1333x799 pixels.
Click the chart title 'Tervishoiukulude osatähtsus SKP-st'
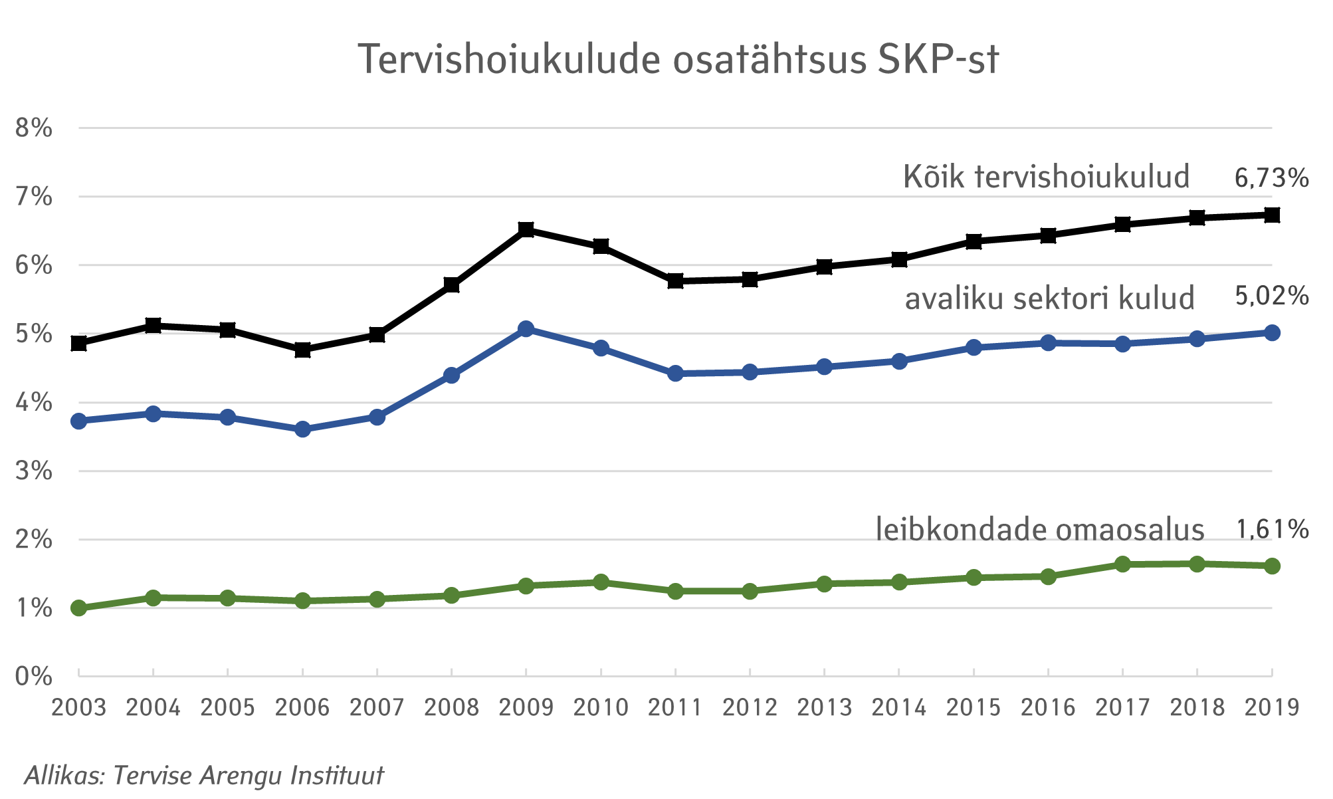click(678, 60)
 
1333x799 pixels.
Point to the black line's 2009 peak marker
click(526, 230)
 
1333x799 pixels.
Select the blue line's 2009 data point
click(526, 329)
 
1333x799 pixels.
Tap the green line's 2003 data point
click(79, 608)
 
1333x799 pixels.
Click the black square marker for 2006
click(303, 350)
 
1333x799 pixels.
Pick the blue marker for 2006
click(303, 429)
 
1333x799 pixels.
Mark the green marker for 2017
click(1123, 564)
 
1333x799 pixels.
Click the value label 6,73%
click(1271, 178)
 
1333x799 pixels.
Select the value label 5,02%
click(1271, 296)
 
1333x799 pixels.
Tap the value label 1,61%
click(1272, 530)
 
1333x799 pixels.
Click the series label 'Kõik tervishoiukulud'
click(1046, 177)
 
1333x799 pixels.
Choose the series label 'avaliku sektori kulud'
click(1049, 298)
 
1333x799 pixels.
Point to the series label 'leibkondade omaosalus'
click(1040, 530)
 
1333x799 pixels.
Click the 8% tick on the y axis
click(34, 128)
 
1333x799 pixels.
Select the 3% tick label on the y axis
click(34, 471)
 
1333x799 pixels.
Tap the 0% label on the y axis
click(34, 677)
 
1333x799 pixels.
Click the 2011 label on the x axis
click(675, 708)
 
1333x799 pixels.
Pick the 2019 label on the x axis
click(1272, 708)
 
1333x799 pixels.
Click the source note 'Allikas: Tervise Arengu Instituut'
click(205, 776)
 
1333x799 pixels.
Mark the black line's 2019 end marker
click(1272, 215)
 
